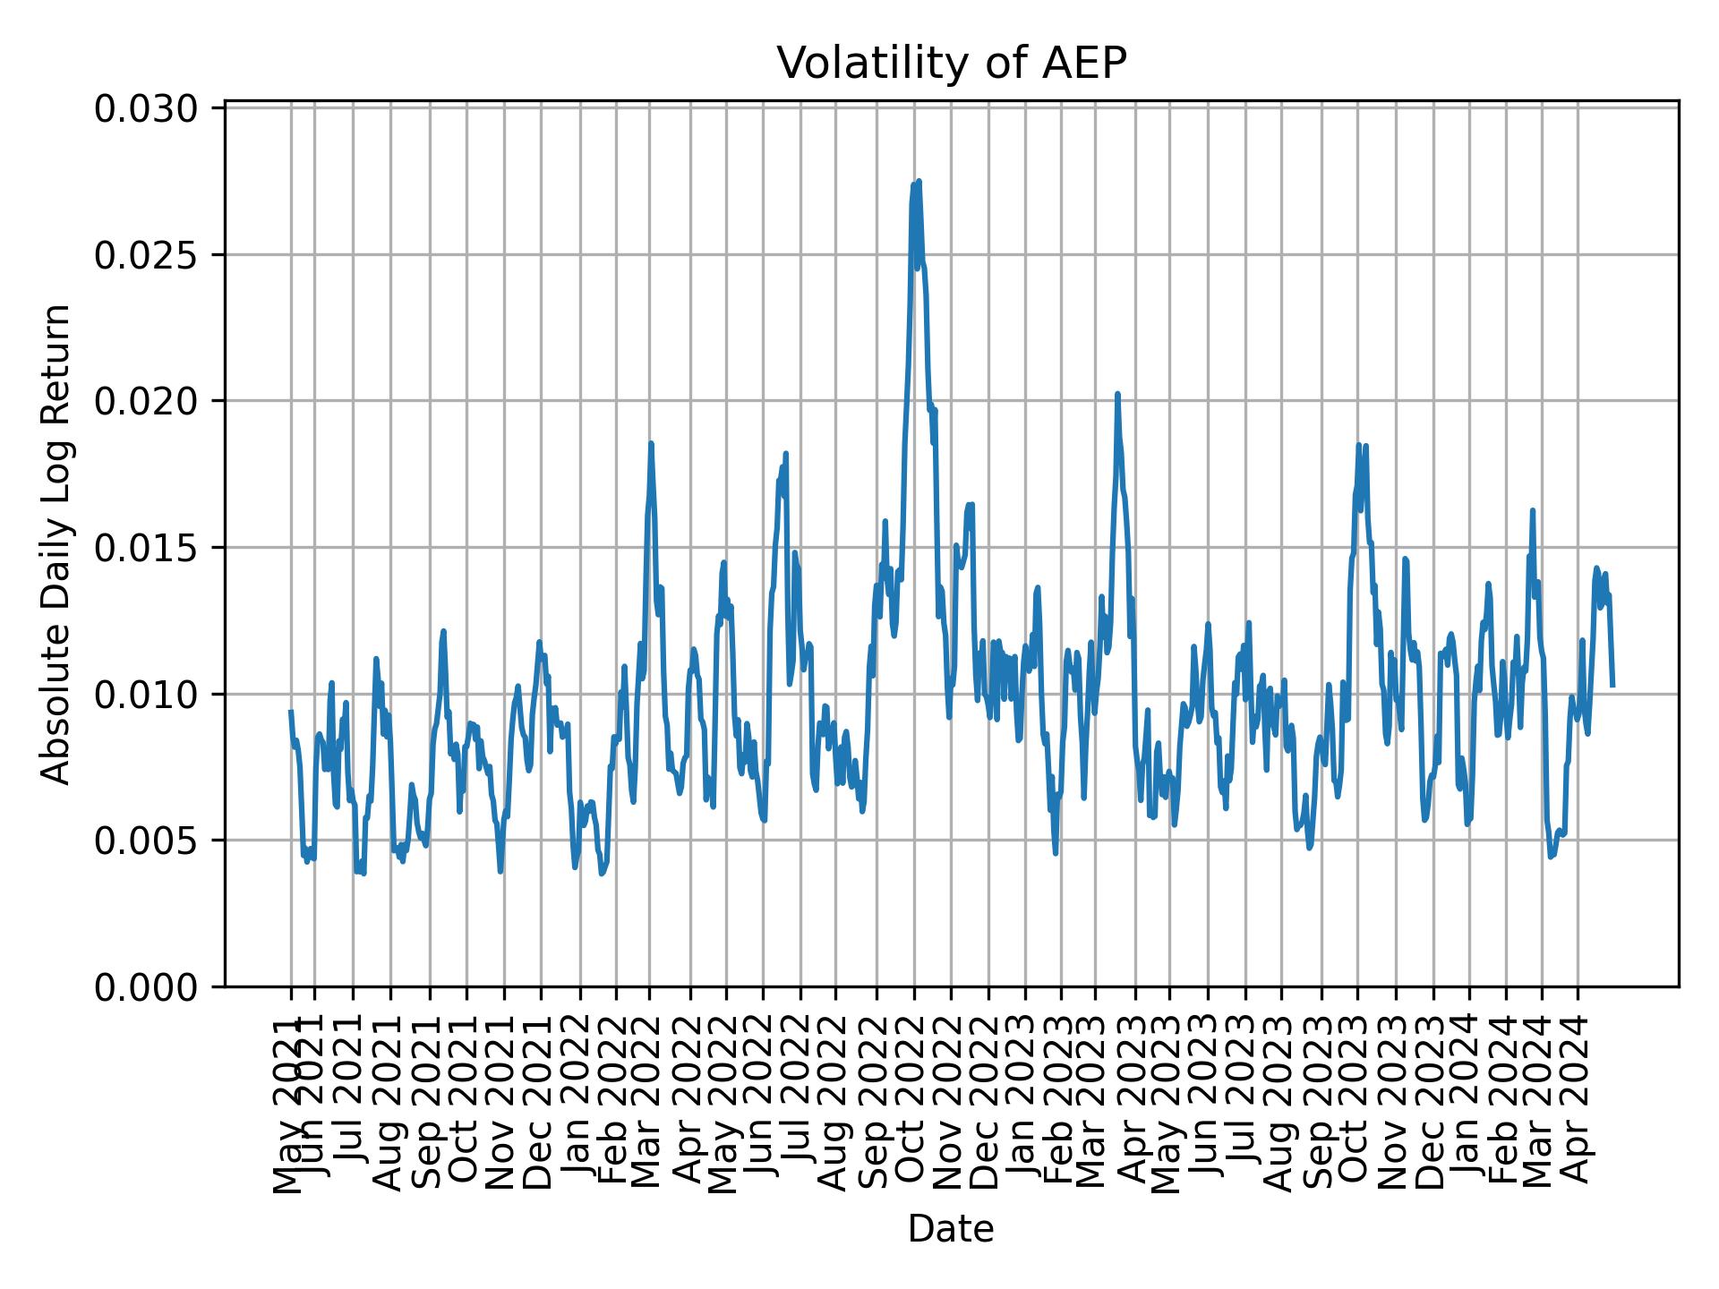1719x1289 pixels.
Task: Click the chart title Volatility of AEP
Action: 951,64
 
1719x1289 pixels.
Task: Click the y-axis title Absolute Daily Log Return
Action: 57,543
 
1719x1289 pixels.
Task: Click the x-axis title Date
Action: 951,1229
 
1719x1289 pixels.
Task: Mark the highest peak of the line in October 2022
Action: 919,182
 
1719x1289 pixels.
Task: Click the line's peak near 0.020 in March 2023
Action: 1117,394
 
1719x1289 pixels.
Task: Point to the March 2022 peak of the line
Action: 651,443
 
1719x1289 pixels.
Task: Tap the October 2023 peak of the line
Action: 1358,445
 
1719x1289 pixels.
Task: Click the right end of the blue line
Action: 1612,686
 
